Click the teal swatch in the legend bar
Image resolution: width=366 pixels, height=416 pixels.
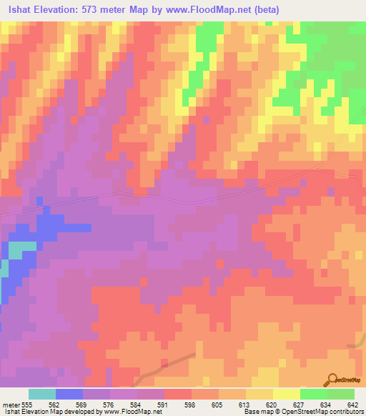(x=42, y=394)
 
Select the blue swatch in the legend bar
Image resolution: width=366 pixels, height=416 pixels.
(x=69, y=394)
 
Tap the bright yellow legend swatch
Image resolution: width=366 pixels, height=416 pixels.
(x=287, y=394)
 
